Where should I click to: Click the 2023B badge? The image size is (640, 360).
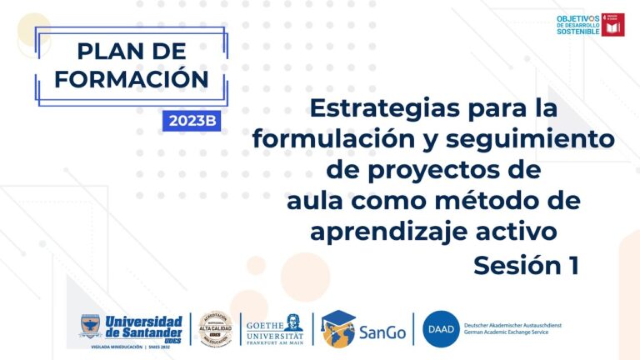192,120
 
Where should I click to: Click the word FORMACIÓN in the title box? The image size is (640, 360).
132,79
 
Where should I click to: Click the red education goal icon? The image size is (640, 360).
613,25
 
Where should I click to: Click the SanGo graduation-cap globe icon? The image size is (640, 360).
337,328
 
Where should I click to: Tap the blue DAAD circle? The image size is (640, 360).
438,328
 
